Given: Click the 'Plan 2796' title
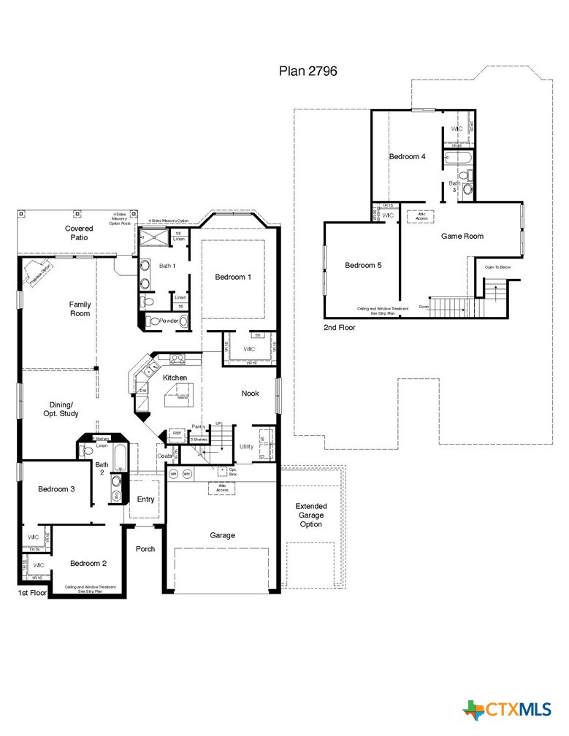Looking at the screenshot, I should pos(307,71).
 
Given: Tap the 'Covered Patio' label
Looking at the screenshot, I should pos(78,233).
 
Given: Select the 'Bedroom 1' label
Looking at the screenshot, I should pos(233,277).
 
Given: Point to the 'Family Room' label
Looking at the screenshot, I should pos(80,309).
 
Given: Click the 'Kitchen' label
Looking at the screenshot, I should pos(175,377).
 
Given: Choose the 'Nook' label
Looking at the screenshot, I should pos(251,394).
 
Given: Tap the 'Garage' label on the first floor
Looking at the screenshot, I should pos(223,535).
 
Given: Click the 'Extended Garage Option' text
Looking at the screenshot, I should pos(310,515).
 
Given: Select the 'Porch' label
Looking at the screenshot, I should pos(145,548).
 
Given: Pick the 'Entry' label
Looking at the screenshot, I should pos(146,499).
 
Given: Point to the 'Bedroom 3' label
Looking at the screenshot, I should pos(56,489).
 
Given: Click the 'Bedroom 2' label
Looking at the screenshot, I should pos(88,563).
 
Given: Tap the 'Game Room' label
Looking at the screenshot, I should pos(462,236).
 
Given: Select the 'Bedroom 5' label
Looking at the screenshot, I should pos(363,265).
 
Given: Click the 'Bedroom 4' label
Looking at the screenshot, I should pos(407,156).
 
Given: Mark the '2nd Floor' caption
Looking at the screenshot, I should pos(339,328).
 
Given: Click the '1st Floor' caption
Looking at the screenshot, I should pos(32,594).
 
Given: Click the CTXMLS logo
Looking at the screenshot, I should pos(507,709).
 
